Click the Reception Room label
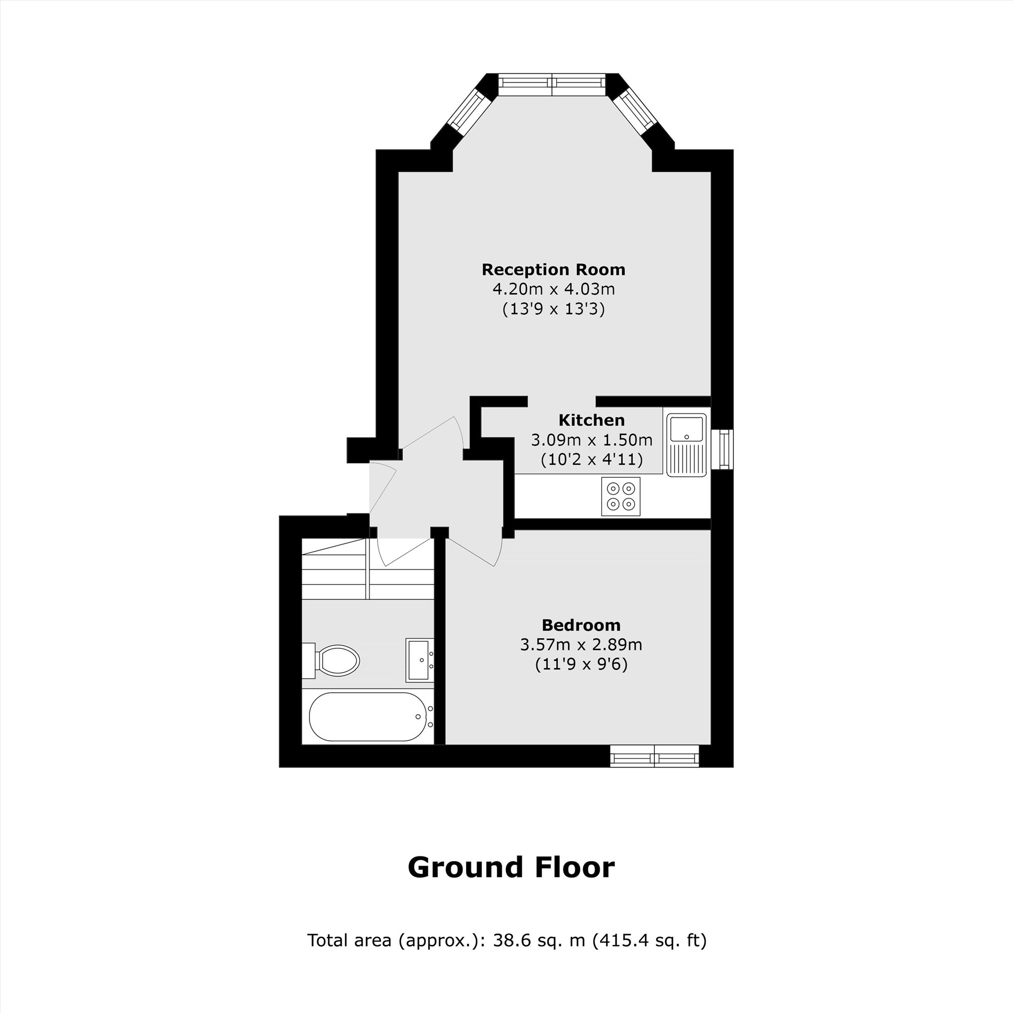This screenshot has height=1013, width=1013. (553, 269)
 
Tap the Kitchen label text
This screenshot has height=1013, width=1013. (591, 420)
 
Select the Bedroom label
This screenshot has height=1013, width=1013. (581, 625)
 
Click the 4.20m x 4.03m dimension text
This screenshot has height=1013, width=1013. (553, 289)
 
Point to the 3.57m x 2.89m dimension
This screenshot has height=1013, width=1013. (581, 644)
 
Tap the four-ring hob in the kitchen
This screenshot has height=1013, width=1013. (620, 496)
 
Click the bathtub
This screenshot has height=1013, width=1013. (367, 717)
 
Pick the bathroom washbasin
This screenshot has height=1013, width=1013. (419, 659)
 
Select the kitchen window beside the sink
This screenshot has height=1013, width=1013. (724, 449)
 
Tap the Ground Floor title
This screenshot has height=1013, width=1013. (511, 868)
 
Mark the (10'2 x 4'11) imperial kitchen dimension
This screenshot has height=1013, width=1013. (591, 459)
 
